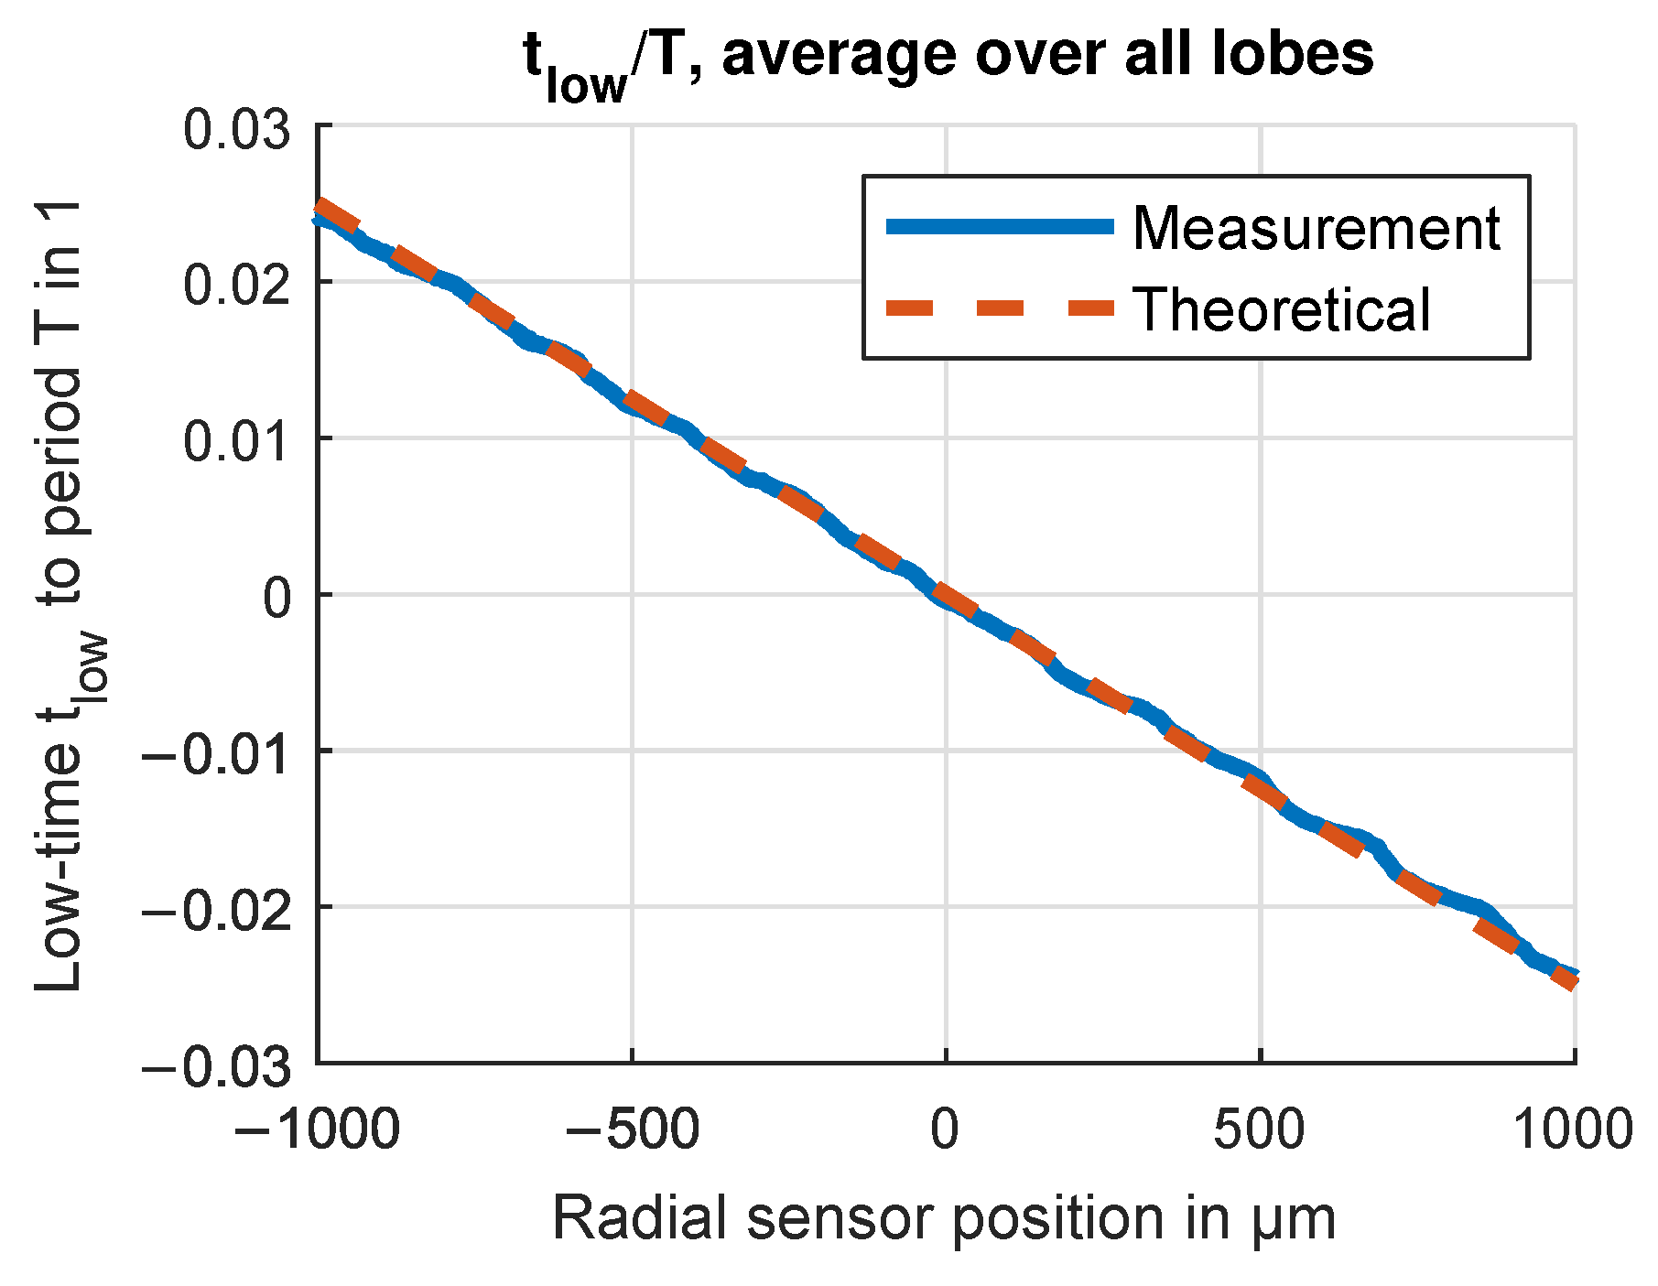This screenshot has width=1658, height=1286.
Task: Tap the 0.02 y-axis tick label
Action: [x=237, y=285]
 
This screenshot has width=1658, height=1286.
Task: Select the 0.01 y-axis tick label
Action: [x=237, y=441]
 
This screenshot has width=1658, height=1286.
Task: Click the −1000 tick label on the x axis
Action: [x=317, y=1129]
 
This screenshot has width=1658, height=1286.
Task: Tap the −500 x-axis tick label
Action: [x=632, y=1129]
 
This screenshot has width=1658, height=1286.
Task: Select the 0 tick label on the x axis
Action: [x=945, y=1129]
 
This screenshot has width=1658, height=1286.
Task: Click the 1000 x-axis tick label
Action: [x=1571, y=1129]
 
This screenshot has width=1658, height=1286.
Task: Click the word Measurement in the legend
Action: [x=1316, y=228]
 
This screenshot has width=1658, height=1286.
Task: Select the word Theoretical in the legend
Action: [x=1281, y=309]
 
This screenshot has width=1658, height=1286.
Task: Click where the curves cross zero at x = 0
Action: [x=945, y=595]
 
